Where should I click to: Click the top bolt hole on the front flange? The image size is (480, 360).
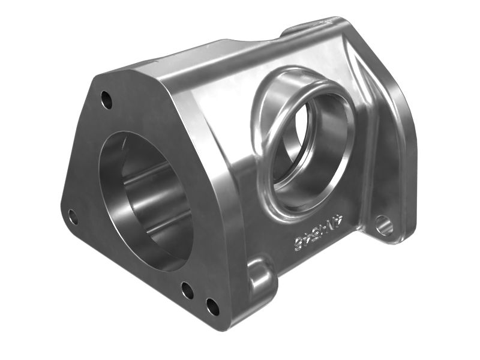pyautogui.click(x=106, y=100)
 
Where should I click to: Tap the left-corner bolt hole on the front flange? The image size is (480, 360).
pyautogui.click(x=73, y=217)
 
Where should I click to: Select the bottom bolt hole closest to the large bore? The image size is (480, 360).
pyautogui.click(x=187, y=291)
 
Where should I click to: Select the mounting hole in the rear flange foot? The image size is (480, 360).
pyautogui.click(x=384, y=226)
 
